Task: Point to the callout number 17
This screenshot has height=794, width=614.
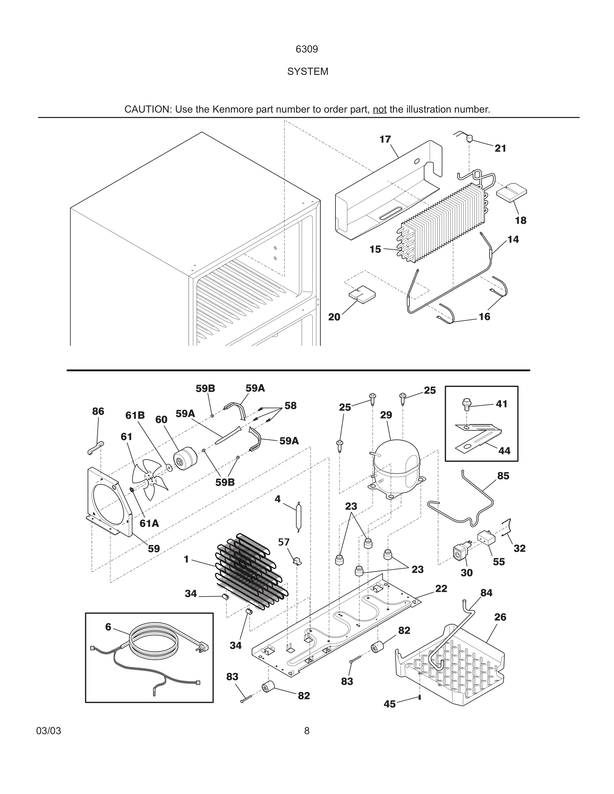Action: [x=385, y=139]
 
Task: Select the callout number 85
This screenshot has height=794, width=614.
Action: [x=503, y=476]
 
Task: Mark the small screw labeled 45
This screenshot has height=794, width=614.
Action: [x=420, y=697]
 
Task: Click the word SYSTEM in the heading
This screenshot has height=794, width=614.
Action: [x=307, y=72]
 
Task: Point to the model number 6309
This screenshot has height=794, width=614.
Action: [x=307, y=49]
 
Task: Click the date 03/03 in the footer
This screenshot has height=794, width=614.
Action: [x=48, y=731]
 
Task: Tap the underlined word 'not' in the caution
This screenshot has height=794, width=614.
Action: [x=379, y=109]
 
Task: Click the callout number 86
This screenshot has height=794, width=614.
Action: [x=98, y=411]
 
